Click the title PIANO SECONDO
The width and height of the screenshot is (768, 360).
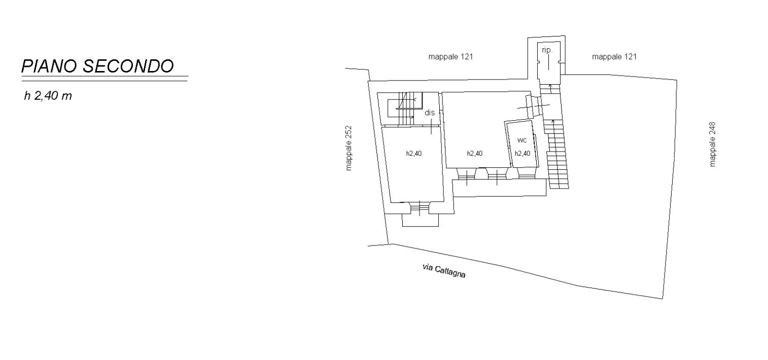coord(97,66)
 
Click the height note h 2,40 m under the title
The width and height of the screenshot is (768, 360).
coord(48,96)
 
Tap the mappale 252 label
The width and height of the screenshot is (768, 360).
coord(348,148)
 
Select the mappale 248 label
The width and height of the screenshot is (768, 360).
coord(713,145)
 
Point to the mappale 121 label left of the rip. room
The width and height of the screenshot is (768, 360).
coord(450,57)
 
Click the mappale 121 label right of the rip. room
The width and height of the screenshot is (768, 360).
coord(614,57)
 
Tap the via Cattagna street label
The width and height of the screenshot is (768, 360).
coord(444,271)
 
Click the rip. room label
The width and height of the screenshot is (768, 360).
coord(547,50)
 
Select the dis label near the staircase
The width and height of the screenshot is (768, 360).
coord(430,113)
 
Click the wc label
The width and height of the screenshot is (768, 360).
coord(522,140)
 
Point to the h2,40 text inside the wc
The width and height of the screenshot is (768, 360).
coord(522,154)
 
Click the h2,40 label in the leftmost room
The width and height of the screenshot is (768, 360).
coord(414,154)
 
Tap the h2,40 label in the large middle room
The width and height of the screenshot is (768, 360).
coord(474,154)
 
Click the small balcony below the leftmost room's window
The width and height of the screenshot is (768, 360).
coord(420,220)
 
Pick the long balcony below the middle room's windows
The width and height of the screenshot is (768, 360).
coord(499,188)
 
